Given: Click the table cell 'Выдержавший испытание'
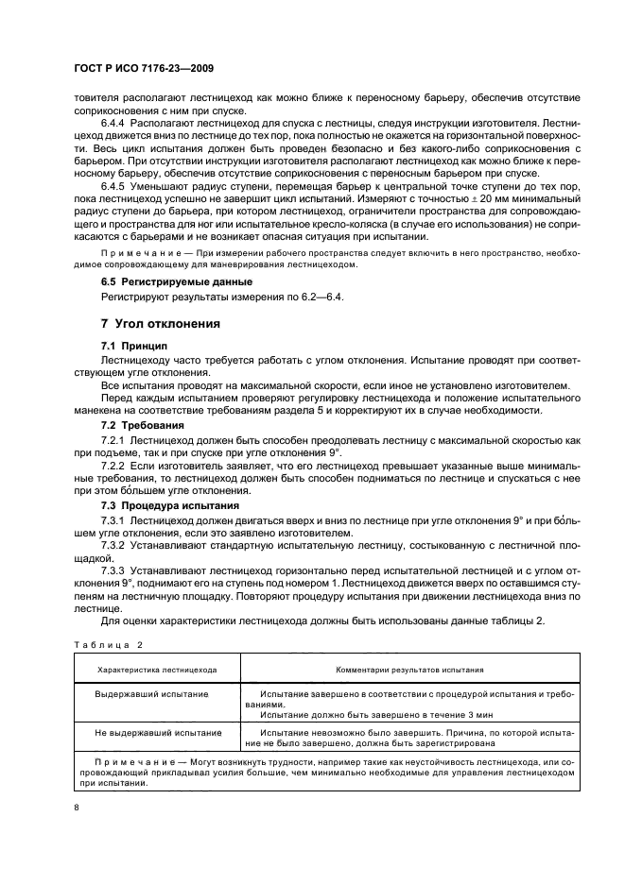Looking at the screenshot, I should (152, 693).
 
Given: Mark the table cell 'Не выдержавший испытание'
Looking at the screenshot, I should (158, 732).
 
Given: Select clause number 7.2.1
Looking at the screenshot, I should (116, 440).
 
